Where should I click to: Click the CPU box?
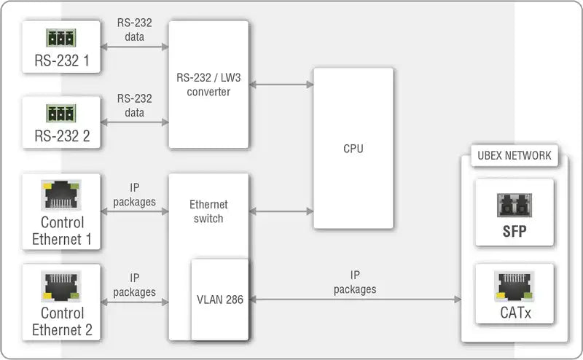pos(353,149)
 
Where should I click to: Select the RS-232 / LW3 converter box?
pos(208,85)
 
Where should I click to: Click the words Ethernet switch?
pos(208,211)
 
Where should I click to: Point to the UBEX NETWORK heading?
pos(514,155)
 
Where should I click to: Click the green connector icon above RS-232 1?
pos(62,37)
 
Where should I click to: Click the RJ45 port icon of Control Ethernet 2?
pos(62,286)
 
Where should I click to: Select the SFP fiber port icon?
pos(514,206)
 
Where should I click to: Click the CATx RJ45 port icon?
pos(514,286)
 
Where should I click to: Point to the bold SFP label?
pos(514,232)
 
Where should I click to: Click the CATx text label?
pos(514,314)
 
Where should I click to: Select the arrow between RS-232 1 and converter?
pos(135,47)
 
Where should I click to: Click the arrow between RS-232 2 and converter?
pos(135,122)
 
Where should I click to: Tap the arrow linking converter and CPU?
pos(281,85)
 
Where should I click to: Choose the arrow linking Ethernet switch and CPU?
pos(281,212)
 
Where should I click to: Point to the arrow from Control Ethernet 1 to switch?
pos(135,212)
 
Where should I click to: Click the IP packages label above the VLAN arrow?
pos(355,282)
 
